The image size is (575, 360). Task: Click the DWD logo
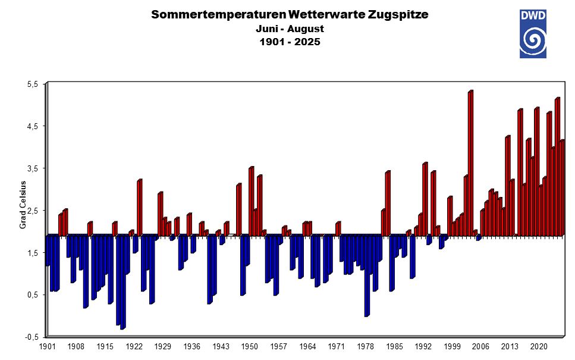(533, 33)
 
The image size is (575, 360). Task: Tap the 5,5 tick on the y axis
(32, 84)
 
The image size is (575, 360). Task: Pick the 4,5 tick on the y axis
(32, 126)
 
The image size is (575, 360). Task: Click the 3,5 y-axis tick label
(32, 168)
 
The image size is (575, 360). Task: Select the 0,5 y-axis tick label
(32, 295)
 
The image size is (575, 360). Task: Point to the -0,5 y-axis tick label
(31, 337)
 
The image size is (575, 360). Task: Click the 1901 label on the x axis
(47, 346)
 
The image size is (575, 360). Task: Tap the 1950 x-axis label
(250, 346)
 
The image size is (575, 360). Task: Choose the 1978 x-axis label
(366, 346)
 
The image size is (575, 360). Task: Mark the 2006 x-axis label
(481, 346)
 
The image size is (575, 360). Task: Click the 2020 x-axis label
(539, 346)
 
